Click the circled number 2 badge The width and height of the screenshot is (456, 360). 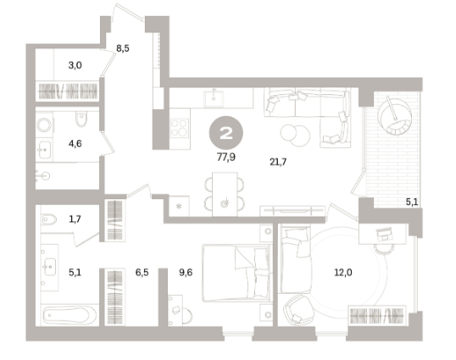pyautogui.click(x=226, y=133)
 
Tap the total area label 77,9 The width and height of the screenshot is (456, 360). pyautogui.click(x=226, y=158)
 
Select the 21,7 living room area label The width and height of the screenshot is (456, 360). pyautogui.click(x=278, y=162)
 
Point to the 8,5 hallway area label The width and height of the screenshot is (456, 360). pyautogui.click(x=122, y=48)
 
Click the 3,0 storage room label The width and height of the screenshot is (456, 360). pyautogui.click(x=75, y=65)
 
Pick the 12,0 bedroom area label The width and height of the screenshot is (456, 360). pyautogui.click(x=343, y=273)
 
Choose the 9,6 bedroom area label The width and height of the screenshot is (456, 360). pyautogui.click(x=186, y=273)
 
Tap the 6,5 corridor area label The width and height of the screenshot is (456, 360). pyautogui.click(x=142, y=273)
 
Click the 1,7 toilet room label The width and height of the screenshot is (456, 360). pyautogui.click(x=75, y=219)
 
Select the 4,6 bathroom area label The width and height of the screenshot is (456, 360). pyautogui.click(x=75, y=143)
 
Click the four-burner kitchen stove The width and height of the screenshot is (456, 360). pyautogui.click(x=180, y=128)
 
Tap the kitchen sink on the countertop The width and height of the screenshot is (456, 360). pyautogui.click(x=214, y=98)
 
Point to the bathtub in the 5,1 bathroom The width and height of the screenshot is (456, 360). pyautogui.click(x=70, y=316)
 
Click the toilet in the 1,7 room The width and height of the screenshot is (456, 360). pyautogui.click(x=48, y=219)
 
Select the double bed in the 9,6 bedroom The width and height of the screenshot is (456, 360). pyautogui.click(x=236, y=273)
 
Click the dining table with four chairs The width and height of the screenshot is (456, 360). pyautogui.click(x=225, y=194)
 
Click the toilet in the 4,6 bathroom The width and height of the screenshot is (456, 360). pyautogui.click(x=81, y=119)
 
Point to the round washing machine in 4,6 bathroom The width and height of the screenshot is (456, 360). pyautogui.click(x=44, y=125)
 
